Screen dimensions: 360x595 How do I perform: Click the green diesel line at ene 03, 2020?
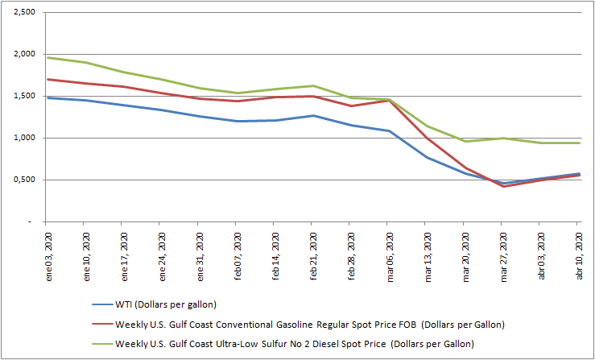click(x=47, y=57)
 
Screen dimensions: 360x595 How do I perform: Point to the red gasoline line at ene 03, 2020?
click(x=47, y=79)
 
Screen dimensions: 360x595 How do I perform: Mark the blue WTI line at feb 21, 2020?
click(x=312, y=115)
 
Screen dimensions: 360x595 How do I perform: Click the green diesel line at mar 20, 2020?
click(x=465, y=141)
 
